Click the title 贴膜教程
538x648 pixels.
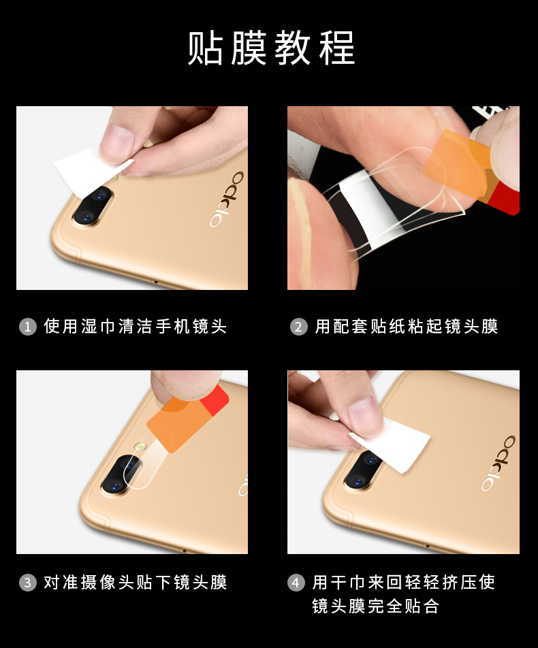[x=271, y=48]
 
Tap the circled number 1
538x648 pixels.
[x=28, y=327]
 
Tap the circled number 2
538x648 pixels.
[x=298, y=327]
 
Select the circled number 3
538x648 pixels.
[x=28, y=583]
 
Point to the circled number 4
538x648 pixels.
[x=296, y=583]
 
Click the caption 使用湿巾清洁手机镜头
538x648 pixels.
[x=136, y=327]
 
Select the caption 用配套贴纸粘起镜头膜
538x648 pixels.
[x=407, y=327]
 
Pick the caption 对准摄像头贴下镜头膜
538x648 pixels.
[x=136, y=582]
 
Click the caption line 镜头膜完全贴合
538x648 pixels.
[x=375, y=606]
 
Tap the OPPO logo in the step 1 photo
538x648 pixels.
[x=227, y=199]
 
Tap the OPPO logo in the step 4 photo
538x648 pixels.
[x=499, y=463]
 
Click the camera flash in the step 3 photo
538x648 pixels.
[x=140, y=447]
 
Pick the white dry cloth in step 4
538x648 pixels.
[x=390, y=445]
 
